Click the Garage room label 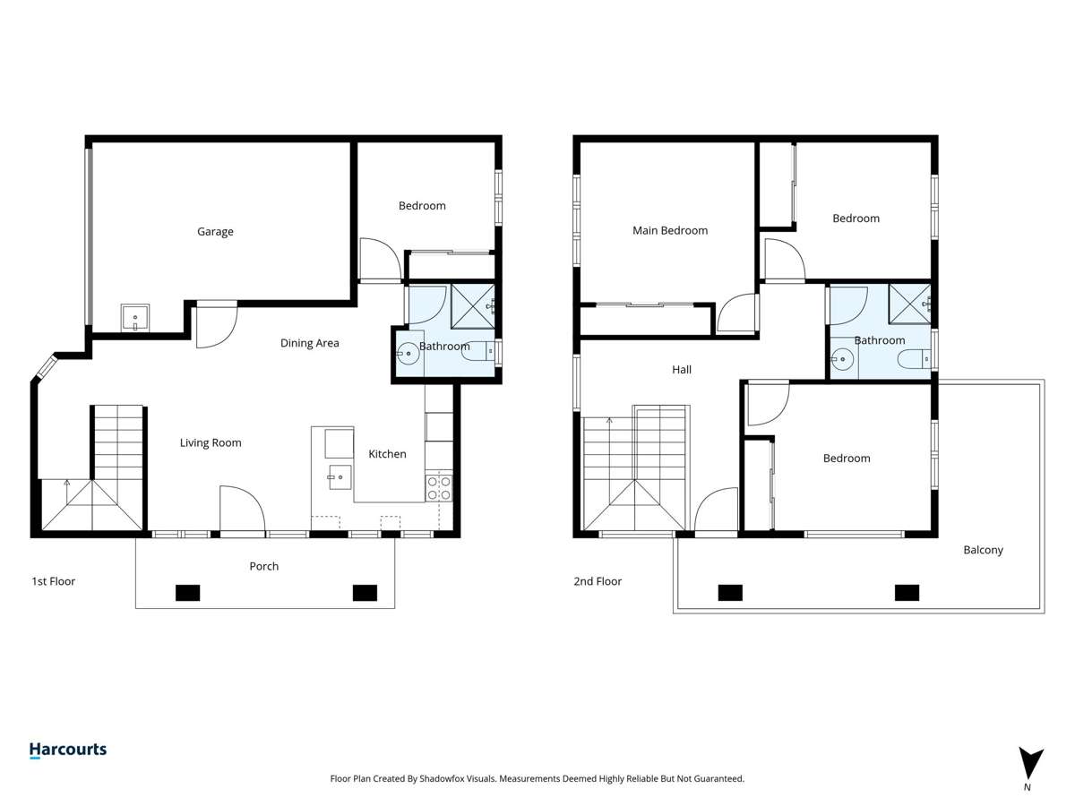215,232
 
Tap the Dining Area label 309,343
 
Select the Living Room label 211,442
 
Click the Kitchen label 387,454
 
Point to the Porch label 263,566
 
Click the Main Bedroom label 670,230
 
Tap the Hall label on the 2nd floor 682,369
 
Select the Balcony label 983,550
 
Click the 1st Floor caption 54,581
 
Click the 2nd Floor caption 598,581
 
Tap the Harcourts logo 67,750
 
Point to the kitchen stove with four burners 438,488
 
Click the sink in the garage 135,318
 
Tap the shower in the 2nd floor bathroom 909,304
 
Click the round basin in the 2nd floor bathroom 841,360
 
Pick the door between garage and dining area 216,324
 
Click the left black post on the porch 187,592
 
